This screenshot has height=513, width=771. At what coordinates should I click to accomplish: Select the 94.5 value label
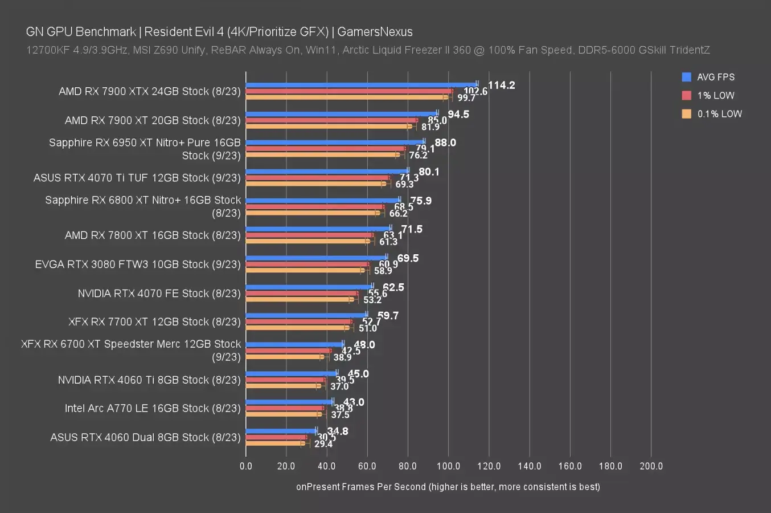coord(458,115)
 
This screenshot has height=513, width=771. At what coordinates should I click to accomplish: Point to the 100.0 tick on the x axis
coord(448,466)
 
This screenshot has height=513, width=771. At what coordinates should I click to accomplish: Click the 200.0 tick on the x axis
coord(651,466)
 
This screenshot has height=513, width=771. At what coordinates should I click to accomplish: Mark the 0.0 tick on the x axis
coord(246,466)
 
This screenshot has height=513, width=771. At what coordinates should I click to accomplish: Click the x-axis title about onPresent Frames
coord(448,487)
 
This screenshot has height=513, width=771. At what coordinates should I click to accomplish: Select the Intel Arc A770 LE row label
coord(153,408)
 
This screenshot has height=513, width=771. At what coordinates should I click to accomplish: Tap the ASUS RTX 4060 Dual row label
coord(146,437)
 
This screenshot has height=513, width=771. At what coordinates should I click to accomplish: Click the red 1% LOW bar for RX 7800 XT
coord(309,235)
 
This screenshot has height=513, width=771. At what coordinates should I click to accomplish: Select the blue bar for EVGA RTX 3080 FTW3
coord(316,258)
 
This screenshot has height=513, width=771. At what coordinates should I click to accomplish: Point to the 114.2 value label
coord(502,85)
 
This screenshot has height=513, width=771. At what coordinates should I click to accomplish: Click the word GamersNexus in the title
coord(375,32)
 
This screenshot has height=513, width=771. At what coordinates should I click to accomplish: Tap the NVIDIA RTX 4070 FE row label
coord(159,293)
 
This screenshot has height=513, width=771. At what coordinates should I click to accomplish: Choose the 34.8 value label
coord(338,431)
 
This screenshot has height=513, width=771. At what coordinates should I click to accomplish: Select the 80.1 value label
coord(429,172)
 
